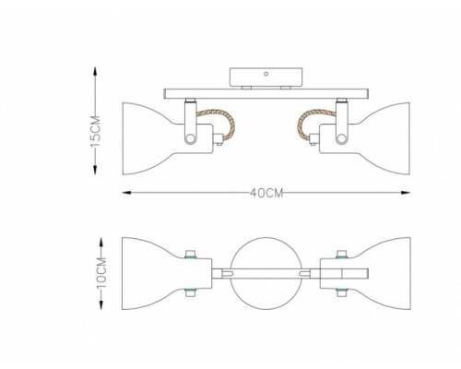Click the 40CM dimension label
266,193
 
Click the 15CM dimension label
96,131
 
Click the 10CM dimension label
101,273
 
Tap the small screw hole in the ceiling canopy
266,74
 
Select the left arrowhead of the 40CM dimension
127,193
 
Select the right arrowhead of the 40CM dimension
406,193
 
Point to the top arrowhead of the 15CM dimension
96,72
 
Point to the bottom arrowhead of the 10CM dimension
101,304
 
